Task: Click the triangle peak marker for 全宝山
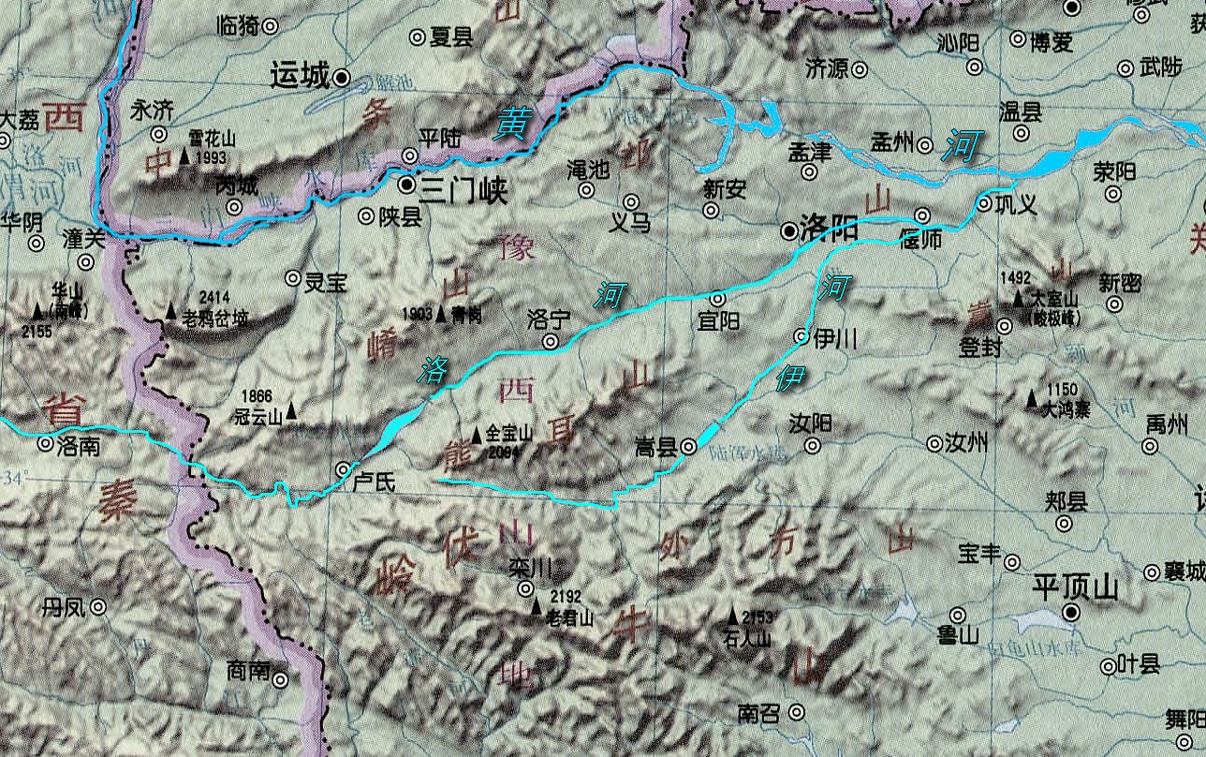477,435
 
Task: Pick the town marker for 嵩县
688,448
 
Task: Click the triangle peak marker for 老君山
537,608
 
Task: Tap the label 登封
979,348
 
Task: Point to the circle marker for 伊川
802,334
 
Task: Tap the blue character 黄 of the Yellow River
512,122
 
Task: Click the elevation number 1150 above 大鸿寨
1065,390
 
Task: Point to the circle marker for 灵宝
293,278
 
